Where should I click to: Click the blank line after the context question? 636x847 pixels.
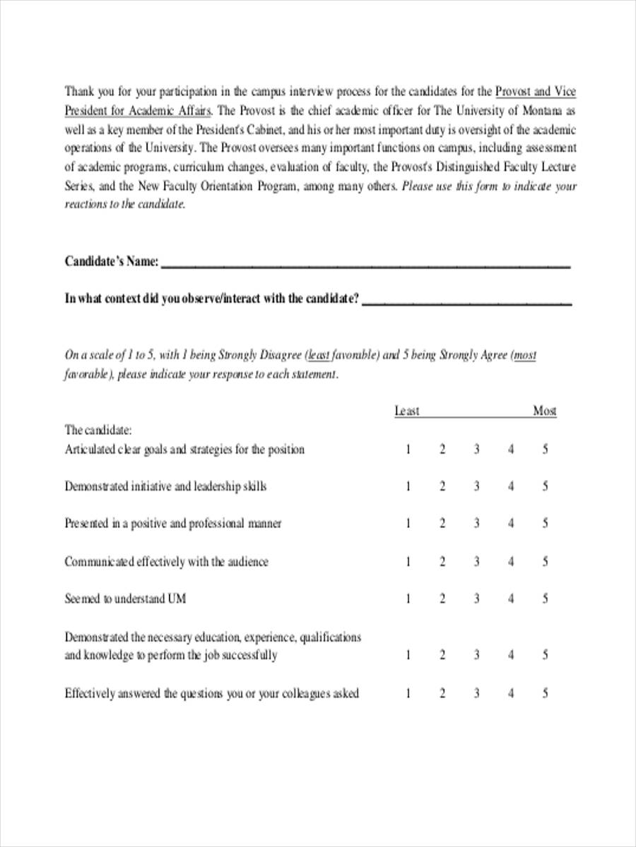point(466,304)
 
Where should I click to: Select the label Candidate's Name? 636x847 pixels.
point(112,261)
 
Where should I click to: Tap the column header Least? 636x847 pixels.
point(406,411)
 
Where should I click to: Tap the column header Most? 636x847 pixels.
point(544,411)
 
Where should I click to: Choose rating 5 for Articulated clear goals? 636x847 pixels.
point(545,449)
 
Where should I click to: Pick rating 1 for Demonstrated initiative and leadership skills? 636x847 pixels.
point(408,486)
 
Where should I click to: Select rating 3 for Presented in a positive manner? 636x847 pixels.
point(476,524)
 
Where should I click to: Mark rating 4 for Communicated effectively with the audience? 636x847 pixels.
point(511,562)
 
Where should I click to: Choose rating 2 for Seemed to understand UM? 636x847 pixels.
point(442,599)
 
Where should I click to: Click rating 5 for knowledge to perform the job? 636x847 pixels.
point(545,655)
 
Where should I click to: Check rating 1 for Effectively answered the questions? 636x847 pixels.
point(408,693)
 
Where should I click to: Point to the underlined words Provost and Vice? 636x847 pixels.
point(536,91)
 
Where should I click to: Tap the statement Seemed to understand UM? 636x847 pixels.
point(126,599)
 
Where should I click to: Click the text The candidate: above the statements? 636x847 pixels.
point(98,430)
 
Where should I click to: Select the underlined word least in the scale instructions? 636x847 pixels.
point(319,355)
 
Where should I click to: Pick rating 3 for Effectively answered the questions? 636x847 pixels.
point(476,693)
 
